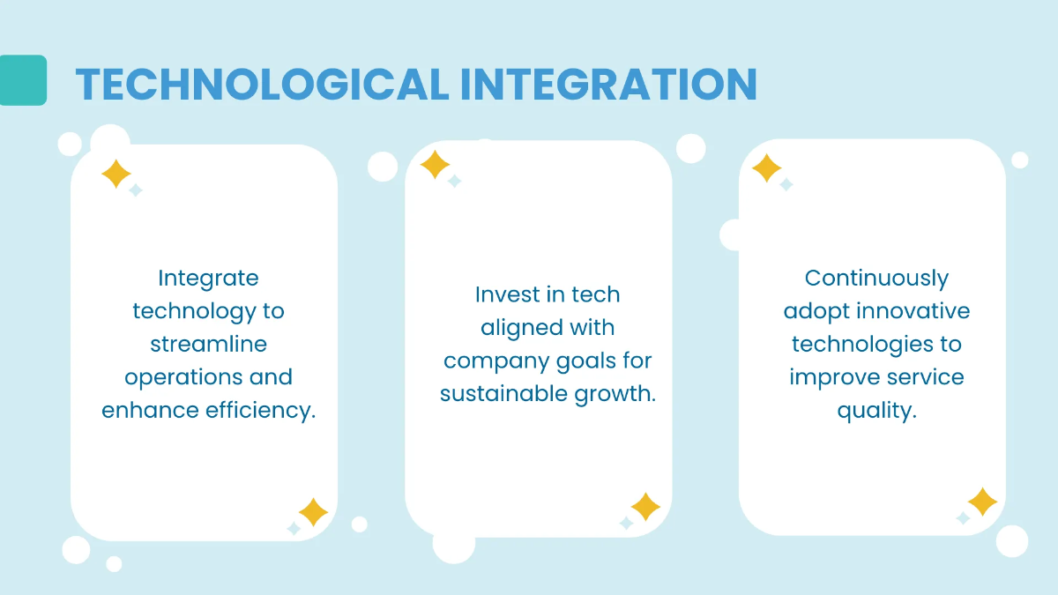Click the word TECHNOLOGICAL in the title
click(x=262, y=85)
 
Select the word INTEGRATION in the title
click(x=608, y=85)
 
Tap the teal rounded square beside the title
click(x=23, y=80)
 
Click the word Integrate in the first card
click(x=208, y=278)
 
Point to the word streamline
click(x=208, y=344)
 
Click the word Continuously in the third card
click(x=876, y=278)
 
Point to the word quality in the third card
click(x=876, y=410)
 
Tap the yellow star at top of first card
click(x=116, y=174)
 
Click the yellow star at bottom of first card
click(x=313, y=512)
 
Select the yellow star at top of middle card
click(x=435, y=165)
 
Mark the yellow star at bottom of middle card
click(x=645, y=507)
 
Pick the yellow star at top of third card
click(x=766, y=168)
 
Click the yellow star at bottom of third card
click(x=982, y=502)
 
